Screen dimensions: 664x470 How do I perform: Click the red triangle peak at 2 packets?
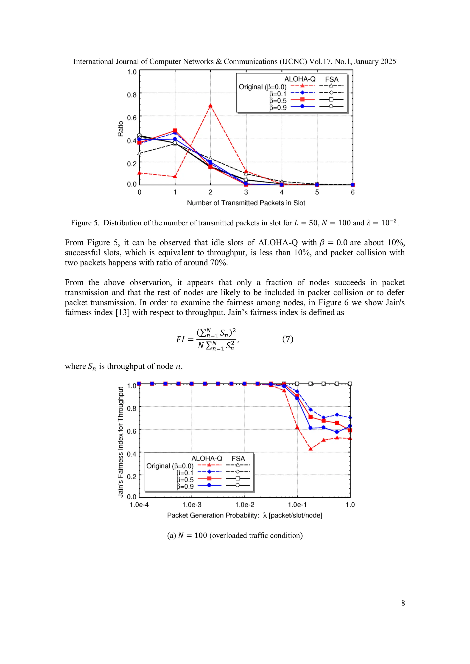coord(210,106)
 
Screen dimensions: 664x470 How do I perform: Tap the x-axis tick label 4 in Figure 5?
coord(282,192)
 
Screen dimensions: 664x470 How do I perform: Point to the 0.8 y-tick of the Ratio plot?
coord(132,95)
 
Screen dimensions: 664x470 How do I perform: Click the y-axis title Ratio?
coord(120,129)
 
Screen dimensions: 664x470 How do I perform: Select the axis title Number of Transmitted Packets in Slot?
coord(246,203)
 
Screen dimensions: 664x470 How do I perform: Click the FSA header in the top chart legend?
coord(332,79)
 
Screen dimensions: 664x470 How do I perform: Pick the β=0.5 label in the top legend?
coord(278,101)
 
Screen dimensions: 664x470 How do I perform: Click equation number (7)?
coord(288,339)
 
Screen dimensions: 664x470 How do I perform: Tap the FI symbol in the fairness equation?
coord(180,339)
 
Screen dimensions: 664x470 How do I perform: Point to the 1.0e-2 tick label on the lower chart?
coord(245,505)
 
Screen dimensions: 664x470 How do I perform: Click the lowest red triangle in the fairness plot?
coord(311,449)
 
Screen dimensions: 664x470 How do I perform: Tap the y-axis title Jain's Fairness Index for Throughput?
coord(120,442)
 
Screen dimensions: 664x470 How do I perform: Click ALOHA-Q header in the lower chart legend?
coord(207,458)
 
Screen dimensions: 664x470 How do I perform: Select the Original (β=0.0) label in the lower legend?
coord(170,466)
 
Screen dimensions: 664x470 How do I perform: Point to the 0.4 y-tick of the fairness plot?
coord(132,454)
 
